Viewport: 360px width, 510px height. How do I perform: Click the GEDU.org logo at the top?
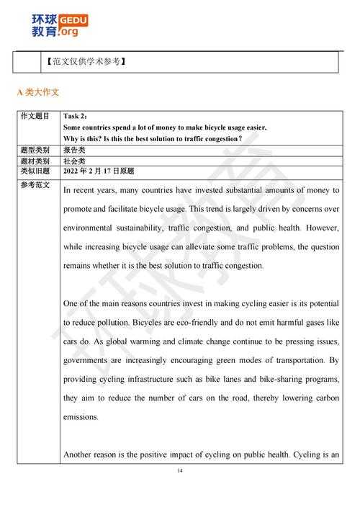(60, 24)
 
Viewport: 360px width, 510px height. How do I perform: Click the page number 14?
(180, 471)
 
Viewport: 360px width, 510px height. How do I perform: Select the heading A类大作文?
(38, 92)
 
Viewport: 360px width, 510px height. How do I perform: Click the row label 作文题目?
(35, 116)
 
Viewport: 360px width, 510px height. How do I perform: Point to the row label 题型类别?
(35, 150)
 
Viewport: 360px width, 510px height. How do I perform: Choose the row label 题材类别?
(35, 161)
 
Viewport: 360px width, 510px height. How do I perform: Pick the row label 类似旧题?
(35, 171)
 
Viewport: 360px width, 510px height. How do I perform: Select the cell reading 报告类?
(75, 150)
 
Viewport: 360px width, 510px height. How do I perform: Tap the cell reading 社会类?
(75, 161)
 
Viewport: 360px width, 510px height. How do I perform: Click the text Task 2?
(75, 116)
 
